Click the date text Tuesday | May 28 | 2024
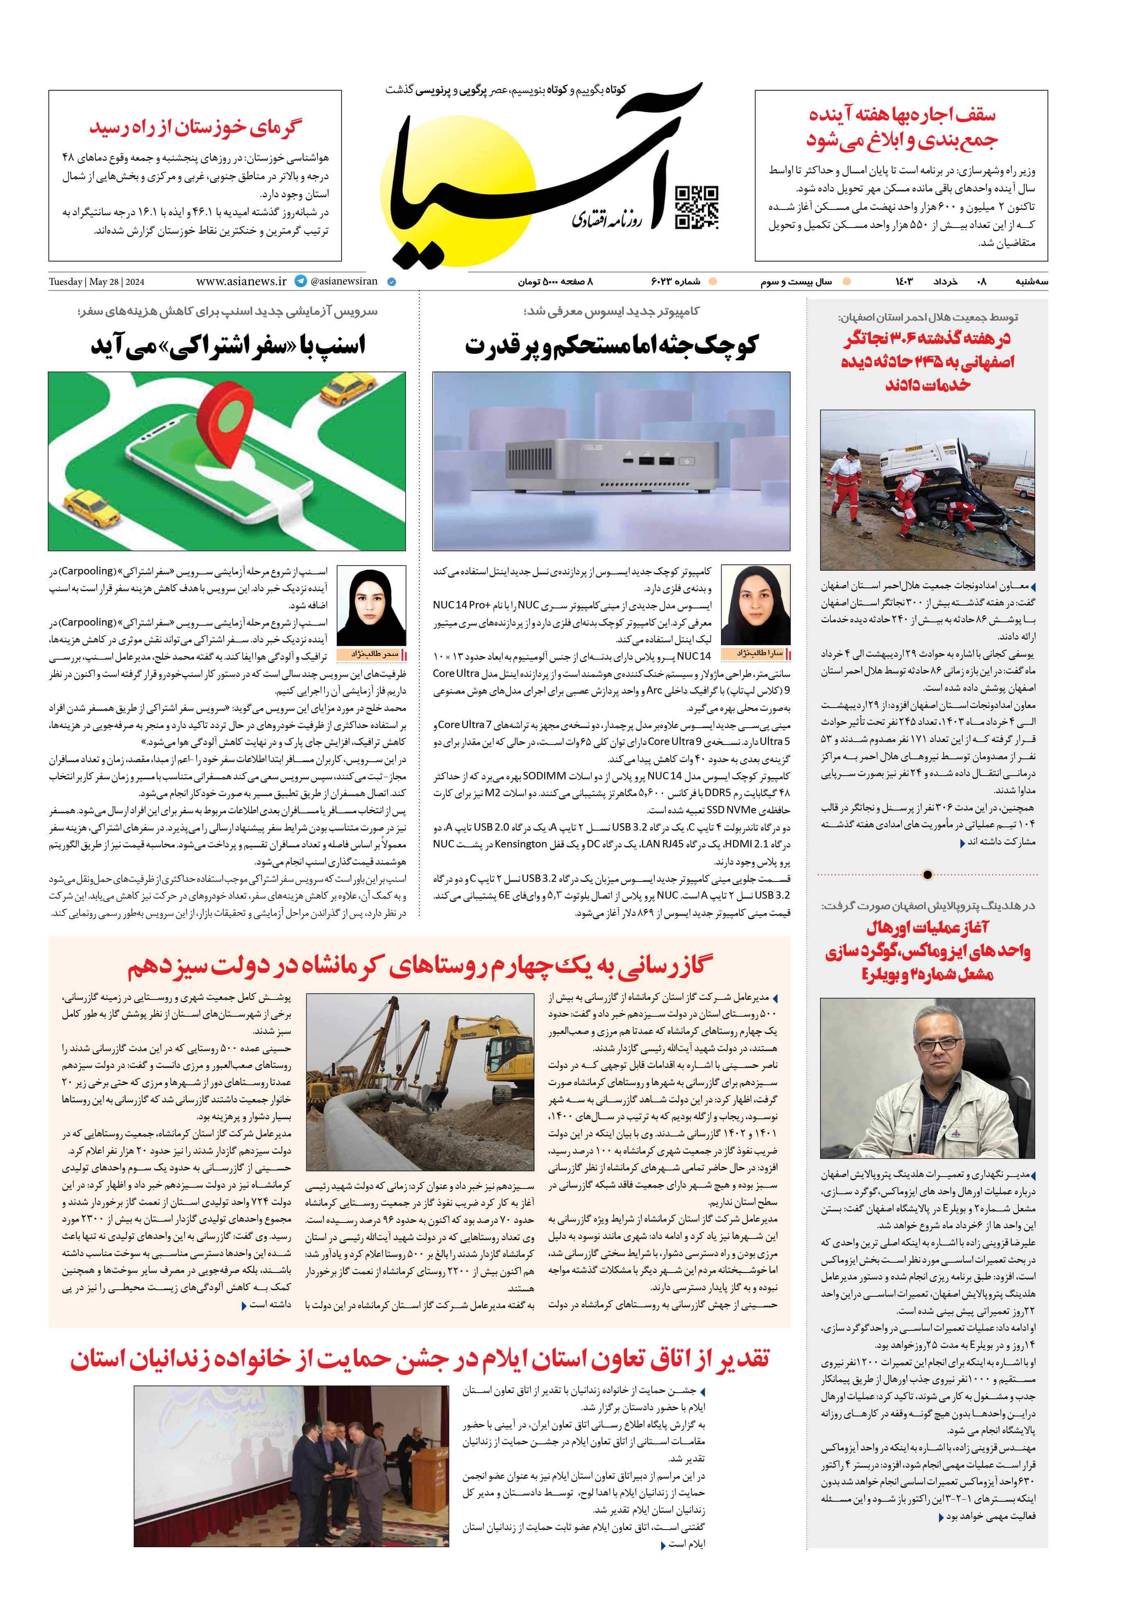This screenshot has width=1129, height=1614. [x=96, y=282]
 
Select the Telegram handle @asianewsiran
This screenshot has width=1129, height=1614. [x=343, y=281]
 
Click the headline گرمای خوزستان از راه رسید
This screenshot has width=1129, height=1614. [x=195, y=127]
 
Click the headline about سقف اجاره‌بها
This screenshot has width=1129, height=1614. [x=901, y=127]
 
